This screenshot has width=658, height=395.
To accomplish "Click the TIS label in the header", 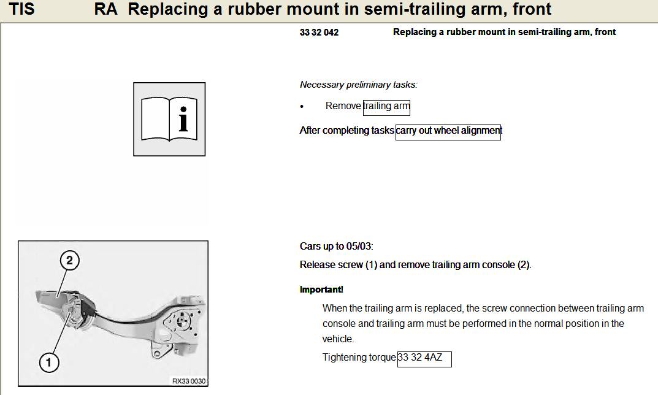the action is tap(21, 9).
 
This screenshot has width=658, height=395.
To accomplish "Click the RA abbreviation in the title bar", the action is tap(105, 9).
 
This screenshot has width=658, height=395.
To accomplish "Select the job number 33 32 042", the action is tap(319, 33).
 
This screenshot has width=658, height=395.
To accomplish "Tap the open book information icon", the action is tap(169, 119).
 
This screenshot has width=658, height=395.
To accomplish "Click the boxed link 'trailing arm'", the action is tap(386, 107).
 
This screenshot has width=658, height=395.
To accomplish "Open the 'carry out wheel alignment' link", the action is tap(448, 132).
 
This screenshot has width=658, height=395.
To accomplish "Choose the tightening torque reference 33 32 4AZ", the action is tap(424, 359).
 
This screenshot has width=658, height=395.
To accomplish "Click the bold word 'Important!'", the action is tap(321, 290).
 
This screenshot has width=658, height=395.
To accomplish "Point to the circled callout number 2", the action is tap(70, 260).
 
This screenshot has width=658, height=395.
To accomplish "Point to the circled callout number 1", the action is tap(49, 362).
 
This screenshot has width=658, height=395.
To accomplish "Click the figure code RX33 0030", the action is tap(189, 381).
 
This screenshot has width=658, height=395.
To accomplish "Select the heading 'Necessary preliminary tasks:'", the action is tap(359, 85).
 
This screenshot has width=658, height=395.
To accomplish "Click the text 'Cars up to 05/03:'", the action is tap(337, 246).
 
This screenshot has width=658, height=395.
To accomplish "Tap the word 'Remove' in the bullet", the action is tap(343, 105).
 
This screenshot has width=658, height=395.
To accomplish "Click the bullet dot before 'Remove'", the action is tap(302, 107).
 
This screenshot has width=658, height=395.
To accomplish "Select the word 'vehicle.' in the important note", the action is tap(339, 339).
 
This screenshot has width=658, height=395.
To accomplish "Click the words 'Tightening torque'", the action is tap(359, 357).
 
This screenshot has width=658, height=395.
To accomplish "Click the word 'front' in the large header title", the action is tap(532, 9).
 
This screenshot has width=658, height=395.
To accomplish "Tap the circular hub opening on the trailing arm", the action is tap(182, 321).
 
